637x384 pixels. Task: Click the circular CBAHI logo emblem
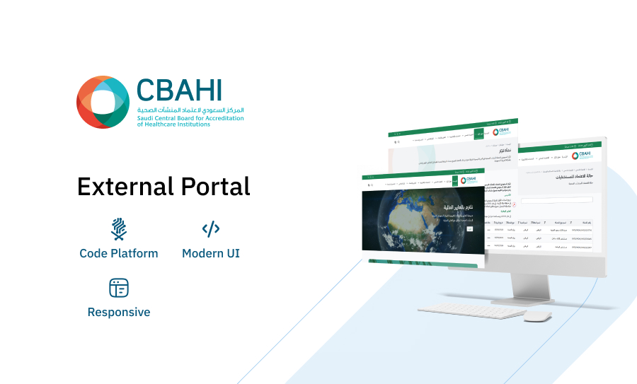click(103, 103)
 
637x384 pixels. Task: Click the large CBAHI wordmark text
click(180, 90)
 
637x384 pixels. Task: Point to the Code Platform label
click(119, 253)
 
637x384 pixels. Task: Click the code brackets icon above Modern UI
click(211, 228)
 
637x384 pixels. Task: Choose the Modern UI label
click(211, 253)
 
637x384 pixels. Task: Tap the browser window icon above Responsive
click(119, 288)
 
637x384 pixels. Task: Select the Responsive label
click(119, 312)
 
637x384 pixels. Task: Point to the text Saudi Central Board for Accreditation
click(190, 118)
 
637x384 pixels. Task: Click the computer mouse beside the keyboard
click(537, 316)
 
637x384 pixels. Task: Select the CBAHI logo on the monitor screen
click(583, 155)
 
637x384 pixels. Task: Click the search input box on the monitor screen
click(556, 200)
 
